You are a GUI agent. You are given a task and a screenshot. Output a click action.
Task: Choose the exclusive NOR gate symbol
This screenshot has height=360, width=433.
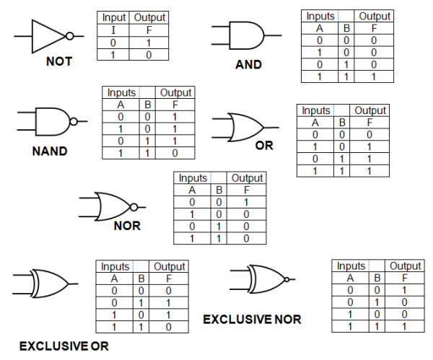click(264, 277)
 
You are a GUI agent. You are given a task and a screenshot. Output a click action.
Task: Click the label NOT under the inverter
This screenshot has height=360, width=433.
click(58, 62)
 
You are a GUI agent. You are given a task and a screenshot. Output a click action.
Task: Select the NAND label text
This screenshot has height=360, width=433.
click(50, 152)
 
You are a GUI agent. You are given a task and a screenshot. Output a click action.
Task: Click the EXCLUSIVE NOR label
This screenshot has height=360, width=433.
click(252, 319)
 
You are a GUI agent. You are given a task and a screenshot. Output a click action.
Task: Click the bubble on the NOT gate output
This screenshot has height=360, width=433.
click(69, 36)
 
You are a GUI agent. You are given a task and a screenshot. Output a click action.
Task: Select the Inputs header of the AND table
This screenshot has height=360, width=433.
click(320, 16)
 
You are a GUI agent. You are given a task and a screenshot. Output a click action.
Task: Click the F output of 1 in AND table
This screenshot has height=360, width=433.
click(374, 76)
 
